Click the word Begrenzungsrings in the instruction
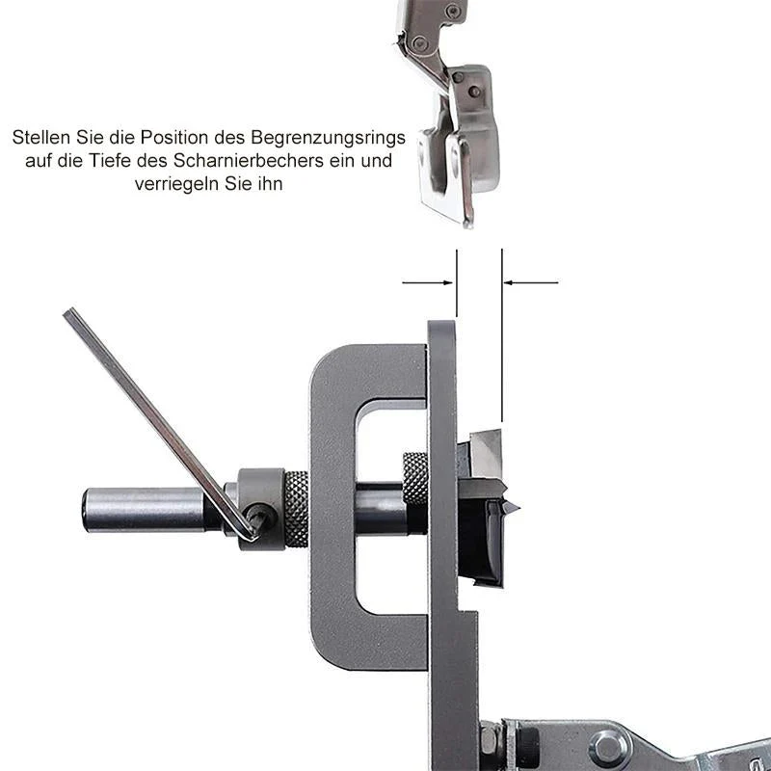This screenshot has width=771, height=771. click(x=328, y=138)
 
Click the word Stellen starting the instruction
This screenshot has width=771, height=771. click(x=41, y=137)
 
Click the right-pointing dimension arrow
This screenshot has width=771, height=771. click(x=427, y=282)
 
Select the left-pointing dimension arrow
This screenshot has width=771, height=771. click(x=531, y=282)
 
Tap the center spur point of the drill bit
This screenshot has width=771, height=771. click(x=514, y=508)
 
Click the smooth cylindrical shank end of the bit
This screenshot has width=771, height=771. click(x=144, y=510)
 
